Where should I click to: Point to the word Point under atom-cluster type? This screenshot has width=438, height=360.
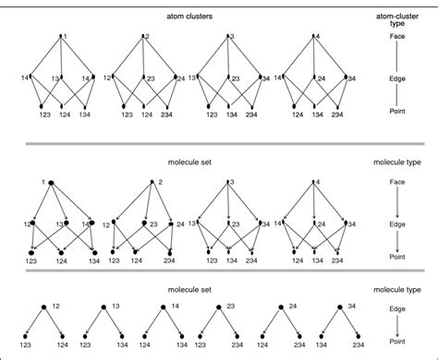click(400, 110)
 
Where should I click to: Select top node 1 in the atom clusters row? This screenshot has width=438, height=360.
click(60, 37)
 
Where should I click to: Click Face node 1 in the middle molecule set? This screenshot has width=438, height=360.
click(53, 183)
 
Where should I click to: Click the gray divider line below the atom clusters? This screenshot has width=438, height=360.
click(219, 143)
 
